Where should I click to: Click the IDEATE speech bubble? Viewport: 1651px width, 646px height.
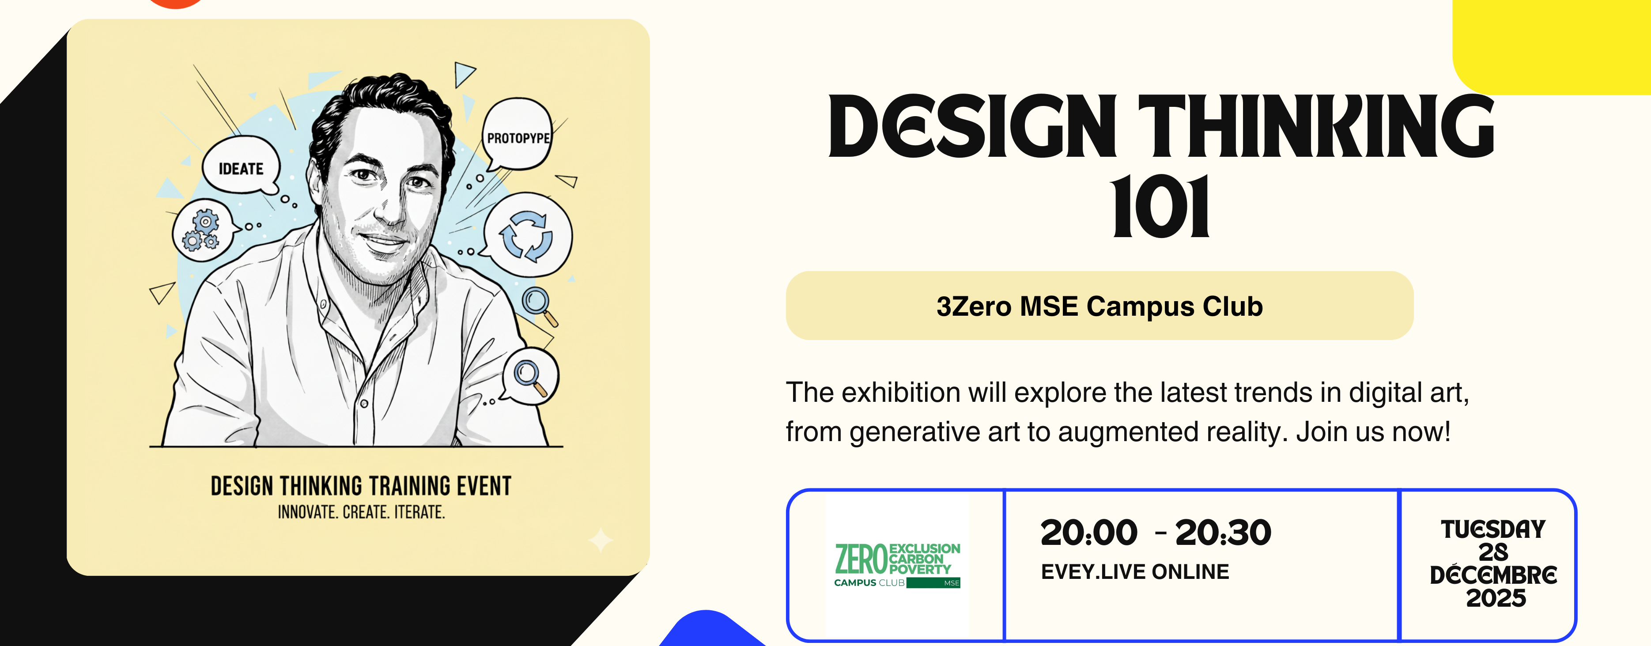tap(241, 168)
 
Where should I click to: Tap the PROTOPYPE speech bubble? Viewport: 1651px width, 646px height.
tap(517, 136)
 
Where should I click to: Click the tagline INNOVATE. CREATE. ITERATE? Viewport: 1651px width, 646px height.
tap(361, 513)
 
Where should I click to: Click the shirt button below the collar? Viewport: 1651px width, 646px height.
tap(363, 404)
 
